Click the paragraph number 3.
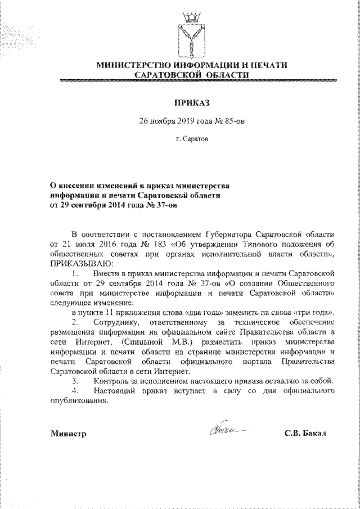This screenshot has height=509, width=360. pyautogui.click(x=75, y=381)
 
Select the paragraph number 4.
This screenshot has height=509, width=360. pyautogui.click(x=75, y=391)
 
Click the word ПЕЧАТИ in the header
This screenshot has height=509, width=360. pyautogui.click(x=267, y=65)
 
